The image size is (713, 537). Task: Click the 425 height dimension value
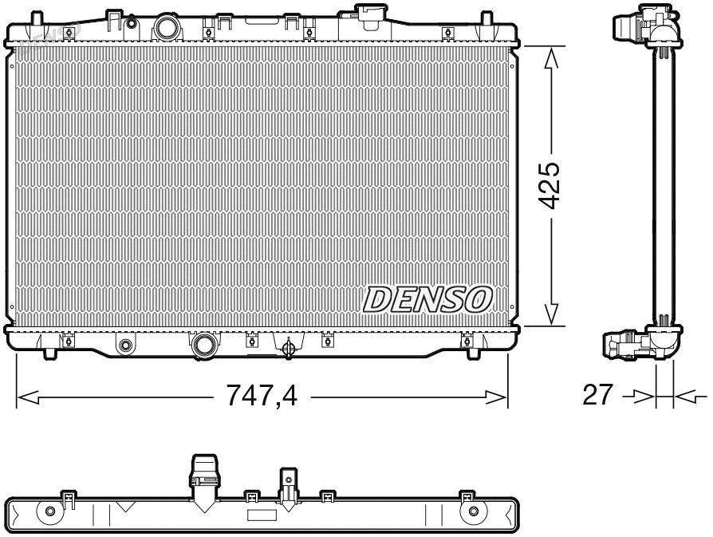coord(550,185)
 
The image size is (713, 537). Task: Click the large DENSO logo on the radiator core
coord(427,298)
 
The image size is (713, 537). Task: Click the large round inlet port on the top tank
coord(167,27)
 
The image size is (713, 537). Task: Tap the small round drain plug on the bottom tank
coord(124,345)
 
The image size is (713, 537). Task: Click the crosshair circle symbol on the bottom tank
coord(290,347)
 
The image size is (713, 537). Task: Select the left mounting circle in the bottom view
coord(50,511)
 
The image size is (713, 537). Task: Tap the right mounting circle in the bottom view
coord(474,511)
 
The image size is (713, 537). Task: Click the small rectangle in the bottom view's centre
coord(262,515)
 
